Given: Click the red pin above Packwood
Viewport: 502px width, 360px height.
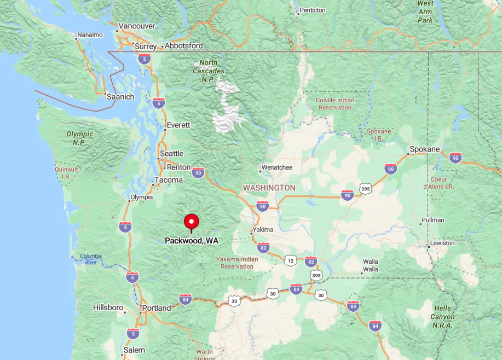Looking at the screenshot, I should point(191,222).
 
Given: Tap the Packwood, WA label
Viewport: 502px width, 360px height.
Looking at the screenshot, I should point(192,241).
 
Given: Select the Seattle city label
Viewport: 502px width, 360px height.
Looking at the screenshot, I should point(171,154).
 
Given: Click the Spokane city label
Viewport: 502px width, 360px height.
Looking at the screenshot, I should point(425,149).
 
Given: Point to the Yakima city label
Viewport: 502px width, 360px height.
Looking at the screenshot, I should point(263,230).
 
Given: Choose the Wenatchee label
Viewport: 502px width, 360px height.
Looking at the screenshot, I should point(277,167).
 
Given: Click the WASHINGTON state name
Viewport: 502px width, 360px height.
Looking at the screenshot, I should point(269,188).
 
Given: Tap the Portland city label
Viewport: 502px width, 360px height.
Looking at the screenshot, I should point(157,308).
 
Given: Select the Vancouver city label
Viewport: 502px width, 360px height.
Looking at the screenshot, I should point(137,26).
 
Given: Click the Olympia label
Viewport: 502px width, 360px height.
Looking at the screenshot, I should point(141,197).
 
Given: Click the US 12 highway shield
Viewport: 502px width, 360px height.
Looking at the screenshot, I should point(290,260).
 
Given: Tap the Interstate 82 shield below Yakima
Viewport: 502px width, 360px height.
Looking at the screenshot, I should point(263,247).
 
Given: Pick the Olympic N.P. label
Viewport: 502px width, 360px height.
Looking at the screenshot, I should point(80,137).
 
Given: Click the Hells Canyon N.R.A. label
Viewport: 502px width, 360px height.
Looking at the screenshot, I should point(442,317).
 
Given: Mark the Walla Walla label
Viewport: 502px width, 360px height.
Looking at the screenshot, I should point(371,265).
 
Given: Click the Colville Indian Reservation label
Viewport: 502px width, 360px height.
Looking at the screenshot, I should point(335,104).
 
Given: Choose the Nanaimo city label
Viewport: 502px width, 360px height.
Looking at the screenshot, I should point(90,34).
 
